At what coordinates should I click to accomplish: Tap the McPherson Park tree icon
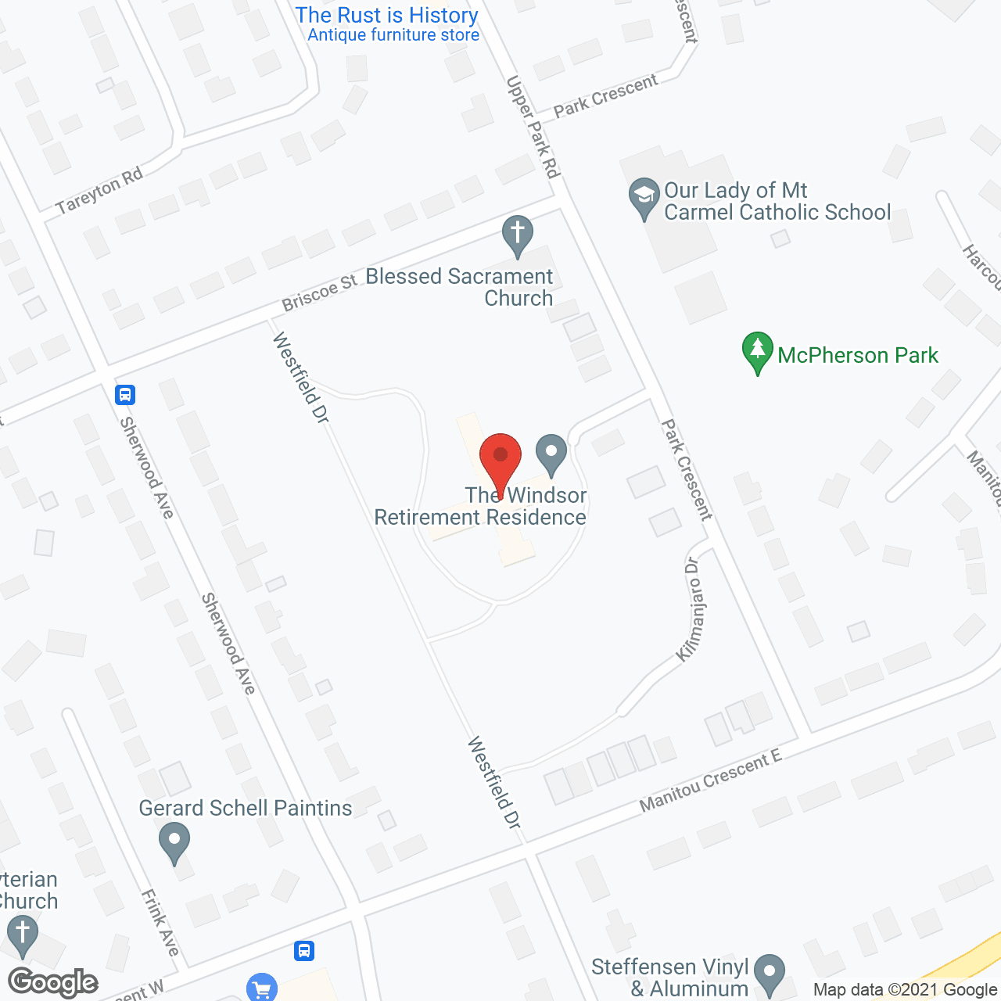click(x=757, y=352)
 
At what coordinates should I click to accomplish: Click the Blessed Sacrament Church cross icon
click(x=517, y=235)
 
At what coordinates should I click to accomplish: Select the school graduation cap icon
click(x=644, y=199)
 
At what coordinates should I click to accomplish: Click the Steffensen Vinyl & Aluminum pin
click(x=770, y=974)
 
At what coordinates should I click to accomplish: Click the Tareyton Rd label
click(x=99, y=190)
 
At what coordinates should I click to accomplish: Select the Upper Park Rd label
click(x=533, y=127)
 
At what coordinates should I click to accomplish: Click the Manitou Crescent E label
click(x=710, y=780)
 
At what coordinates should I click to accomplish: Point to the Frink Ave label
click(x=160, y=922)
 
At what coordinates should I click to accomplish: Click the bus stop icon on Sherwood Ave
click(x=125, y=394)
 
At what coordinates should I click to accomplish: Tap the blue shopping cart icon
click(x=261, y=988)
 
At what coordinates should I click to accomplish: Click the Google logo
click(x=53, y=982)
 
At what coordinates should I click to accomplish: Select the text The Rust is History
click(x=386, y=15)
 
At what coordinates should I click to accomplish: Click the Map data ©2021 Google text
click(x=905, y=989)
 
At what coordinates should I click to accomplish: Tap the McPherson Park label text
click(x=857, y=355)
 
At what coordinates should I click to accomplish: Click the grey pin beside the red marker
click(x=551, y=454)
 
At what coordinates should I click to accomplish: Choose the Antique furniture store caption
click(x=393, y=35)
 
